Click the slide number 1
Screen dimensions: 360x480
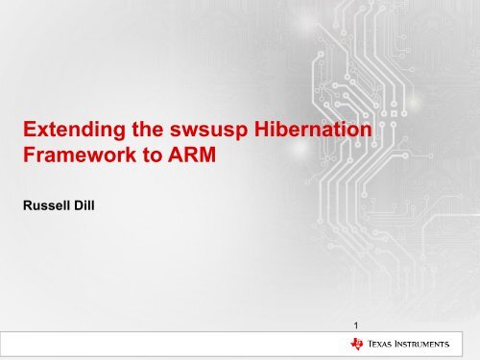356,325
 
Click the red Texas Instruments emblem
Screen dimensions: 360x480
358,346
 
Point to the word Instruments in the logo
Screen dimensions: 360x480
432,346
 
